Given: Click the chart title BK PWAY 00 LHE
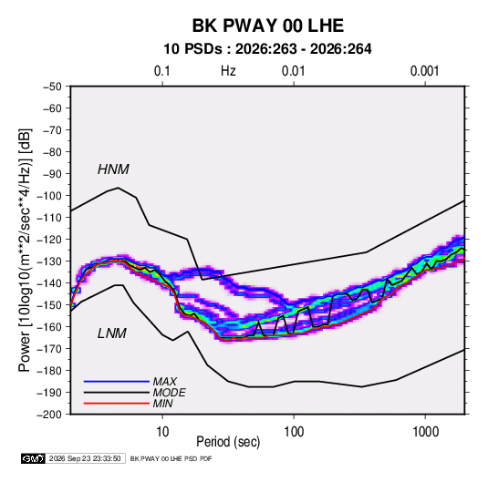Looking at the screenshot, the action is (268, 26).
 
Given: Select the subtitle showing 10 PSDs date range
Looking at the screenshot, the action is (267, 49).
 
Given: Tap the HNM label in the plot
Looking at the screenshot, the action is (113, 169).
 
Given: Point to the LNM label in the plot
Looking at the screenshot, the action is (112, 333).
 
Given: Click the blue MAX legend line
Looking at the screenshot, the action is (117, 381).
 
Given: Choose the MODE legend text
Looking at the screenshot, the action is (170, 393).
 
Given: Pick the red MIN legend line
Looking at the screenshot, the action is (117, 404).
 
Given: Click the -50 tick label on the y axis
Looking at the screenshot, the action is (52, 87).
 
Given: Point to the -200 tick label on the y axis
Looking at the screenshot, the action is (49, 415).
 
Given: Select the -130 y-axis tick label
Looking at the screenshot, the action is (49, 262).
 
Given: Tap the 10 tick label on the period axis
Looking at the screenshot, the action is (162, 432).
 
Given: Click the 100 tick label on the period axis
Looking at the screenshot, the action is (294, 432).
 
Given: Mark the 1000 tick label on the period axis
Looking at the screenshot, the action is (425, 432).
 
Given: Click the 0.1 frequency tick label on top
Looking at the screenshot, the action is (162, 71).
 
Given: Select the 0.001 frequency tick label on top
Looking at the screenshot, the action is (424, 71).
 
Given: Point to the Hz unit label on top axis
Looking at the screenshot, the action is (228, 71).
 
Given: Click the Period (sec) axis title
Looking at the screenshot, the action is (228, 442).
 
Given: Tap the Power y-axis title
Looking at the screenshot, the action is (25, 250).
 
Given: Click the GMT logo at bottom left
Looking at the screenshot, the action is (33, 458).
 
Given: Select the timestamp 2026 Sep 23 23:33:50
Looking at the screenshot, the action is (85, 458).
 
